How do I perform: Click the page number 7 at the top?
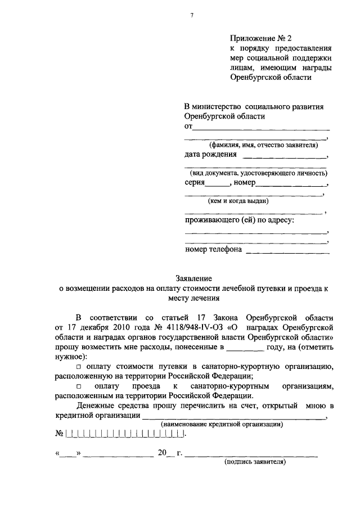(x=192, y=15)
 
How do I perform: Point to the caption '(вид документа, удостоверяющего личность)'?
(x=259, y=173)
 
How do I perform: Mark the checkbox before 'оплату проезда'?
(x=79, y=386)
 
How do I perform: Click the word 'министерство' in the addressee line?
(x=219, y=106)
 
